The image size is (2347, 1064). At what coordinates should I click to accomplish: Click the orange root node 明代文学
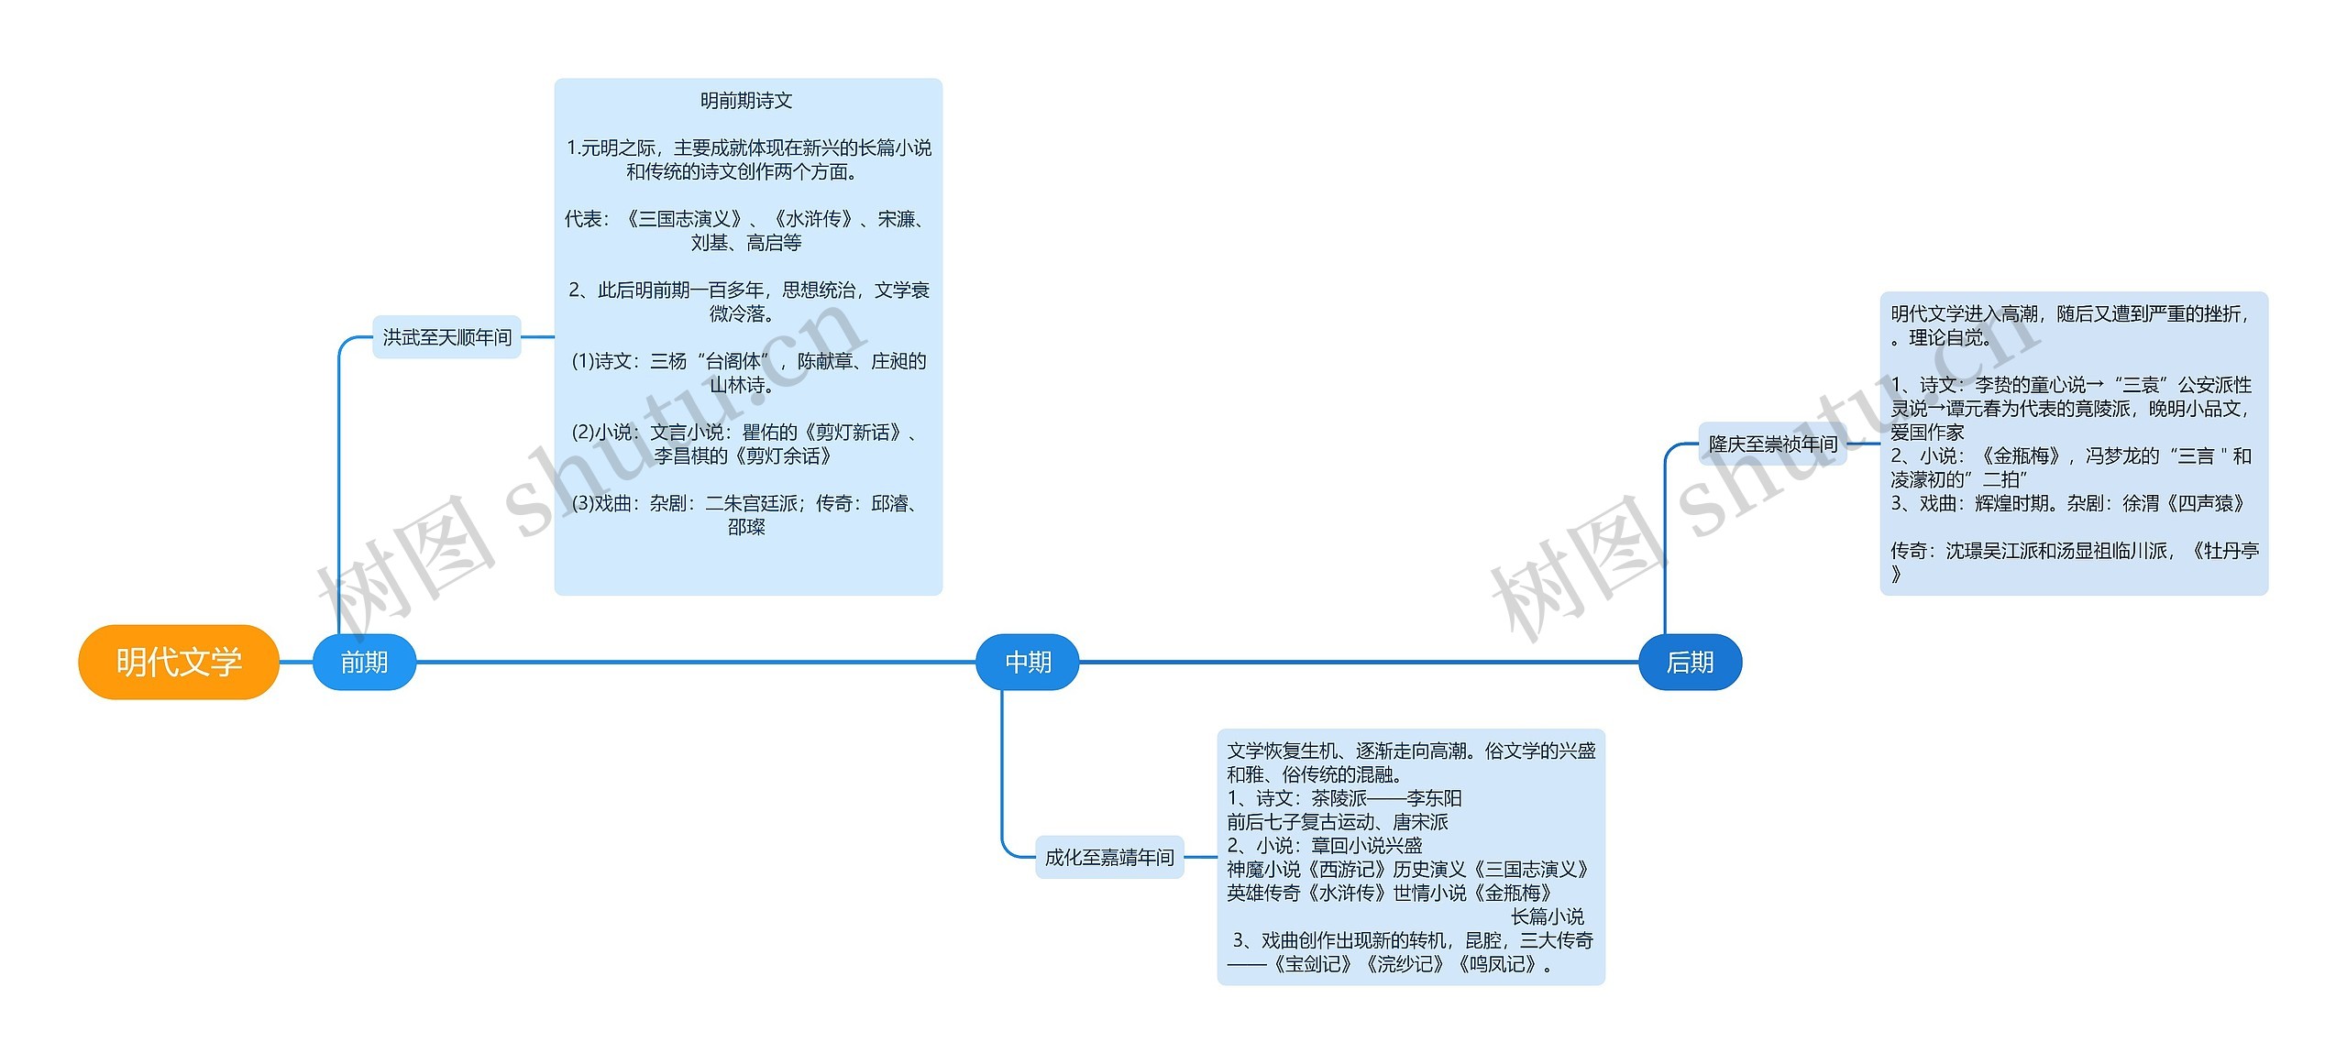[x=179, y=662]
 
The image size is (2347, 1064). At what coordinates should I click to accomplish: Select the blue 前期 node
[x=364, y=662]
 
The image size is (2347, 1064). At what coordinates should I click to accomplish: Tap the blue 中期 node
[x=1027, y=662]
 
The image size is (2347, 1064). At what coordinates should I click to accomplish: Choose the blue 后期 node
[x=1689, y=662]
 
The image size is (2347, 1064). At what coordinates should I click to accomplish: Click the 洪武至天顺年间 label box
[x=446, y=337]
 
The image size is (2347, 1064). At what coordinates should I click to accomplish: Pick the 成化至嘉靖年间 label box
[x=1109, y=858]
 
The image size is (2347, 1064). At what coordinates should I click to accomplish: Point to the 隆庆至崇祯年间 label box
[x=1772, y=444]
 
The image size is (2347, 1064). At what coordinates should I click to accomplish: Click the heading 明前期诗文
[x=746, y=101]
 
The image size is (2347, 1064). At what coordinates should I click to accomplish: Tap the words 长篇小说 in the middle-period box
[x=1547, y=916]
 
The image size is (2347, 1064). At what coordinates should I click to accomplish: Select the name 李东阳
[x=1434, y=798]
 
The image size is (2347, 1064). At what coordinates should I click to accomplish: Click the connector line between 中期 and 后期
[x=1357, y=662]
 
